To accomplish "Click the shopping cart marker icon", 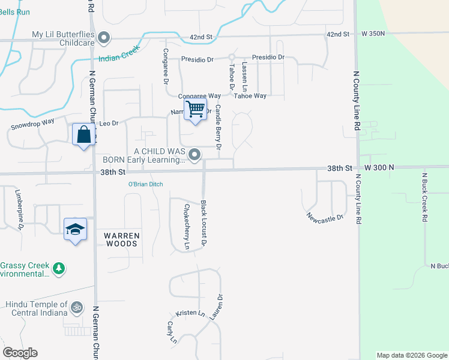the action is click(195, 110).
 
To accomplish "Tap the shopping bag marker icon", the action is click(83, 134).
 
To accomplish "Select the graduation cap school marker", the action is click(76, 229).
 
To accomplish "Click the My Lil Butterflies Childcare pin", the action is click(104, 38).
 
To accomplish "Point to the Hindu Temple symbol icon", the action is click(76, 308).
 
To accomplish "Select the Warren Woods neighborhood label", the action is click(122, 239).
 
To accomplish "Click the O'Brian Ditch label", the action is click(145, 184).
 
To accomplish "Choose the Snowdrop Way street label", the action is click(32, 127).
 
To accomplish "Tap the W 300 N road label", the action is click(378, 169).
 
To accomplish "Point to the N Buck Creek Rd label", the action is click(424, 198).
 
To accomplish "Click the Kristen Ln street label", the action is click(190, 314).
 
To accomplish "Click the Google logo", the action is click(20, 353).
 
